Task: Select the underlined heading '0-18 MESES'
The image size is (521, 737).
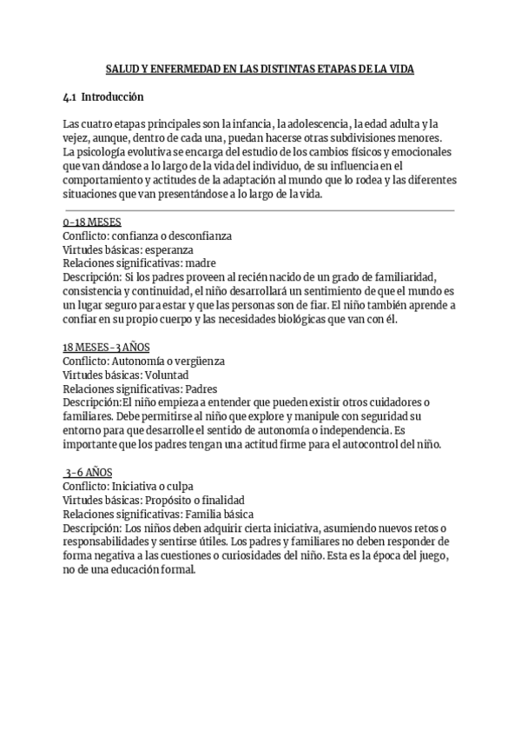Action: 92,222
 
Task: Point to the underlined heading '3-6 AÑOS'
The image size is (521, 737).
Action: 88,473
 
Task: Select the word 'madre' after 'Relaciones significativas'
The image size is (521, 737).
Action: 200,263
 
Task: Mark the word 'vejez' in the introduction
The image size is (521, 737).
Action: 77,139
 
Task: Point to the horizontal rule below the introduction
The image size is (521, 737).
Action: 259,209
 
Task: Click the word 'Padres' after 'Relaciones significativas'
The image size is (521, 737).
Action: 201,388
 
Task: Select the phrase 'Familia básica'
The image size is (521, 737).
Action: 214,514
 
